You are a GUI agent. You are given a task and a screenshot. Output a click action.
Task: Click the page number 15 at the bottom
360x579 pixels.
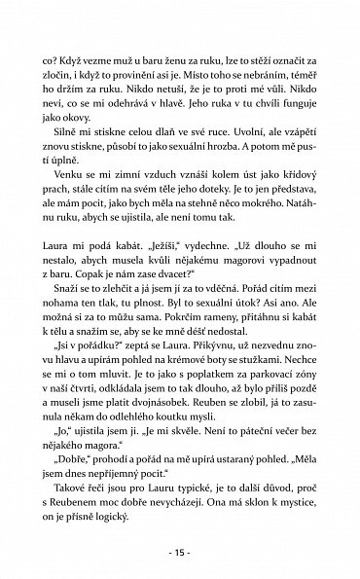click(179, 555)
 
